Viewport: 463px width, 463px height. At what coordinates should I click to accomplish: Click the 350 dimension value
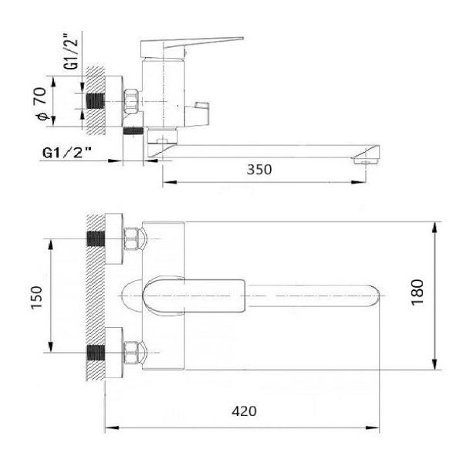click(259, 170)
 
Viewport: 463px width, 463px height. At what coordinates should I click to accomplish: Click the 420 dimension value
click(244, 411)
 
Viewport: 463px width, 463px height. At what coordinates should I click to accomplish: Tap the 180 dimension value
click(417, 292)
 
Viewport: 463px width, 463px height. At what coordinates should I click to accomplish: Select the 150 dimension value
click(37, 297)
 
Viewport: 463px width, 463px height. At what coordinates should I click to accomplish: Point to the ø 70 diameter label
click(41, 103)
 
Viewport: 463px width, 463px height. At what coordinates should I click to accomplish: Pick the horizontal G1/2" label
click(67, 153)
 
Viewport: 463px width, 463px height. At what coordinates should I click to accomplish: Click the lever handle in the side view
click(192, 46)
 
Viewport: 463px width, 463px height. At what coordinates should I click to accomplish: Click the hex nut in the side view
click(132, 101)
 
